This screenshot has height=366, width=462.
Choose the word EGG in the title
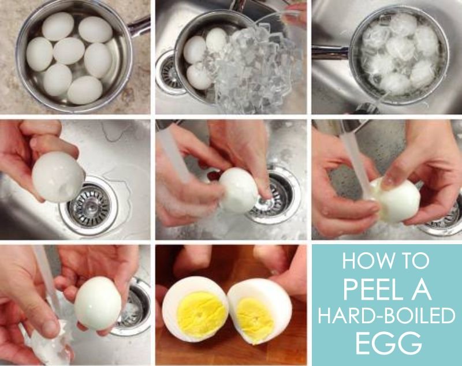[x=388, y=343]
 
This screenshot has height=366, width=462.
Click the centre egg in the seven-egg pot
[x=69, y=51]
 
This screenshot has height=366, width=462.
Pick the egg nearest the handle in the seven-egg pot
[x=95, y=29]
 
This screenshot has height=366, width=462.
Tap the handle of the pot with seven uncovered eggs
[x=138, y=25]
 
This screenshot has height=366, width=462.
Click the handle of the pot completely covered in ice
[x=330, y=53]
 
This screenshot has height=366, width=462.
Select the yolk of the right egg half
[x=255, y=320]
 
